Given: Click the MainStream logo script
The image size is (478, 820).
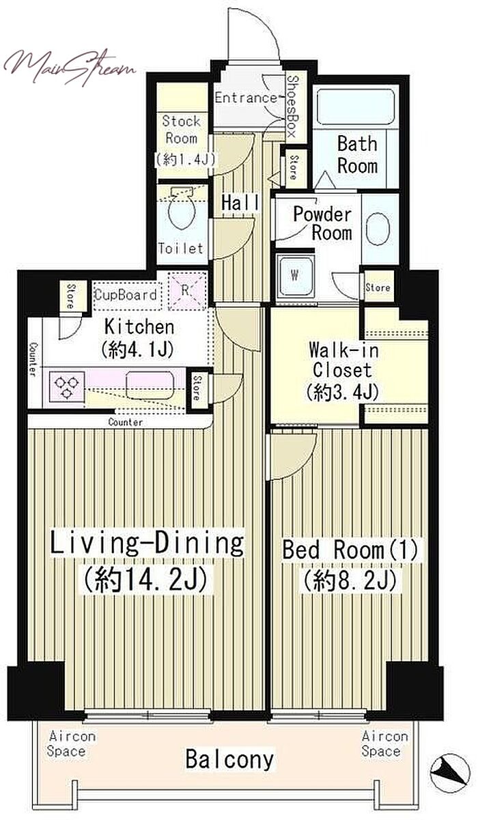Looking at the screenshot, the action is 69,67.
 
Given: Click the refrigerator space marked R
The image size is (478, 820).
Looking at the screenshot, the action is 186,292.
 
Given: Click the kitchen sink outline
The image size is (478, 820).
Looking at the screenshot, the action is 150,385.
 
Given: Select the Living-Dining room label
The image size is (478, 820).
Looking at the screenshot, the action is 146,543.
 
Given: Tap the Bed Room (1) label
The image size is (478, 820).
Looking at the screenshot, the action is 350,550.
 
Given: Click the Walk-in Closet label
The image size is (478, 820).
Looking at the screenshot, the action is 343,360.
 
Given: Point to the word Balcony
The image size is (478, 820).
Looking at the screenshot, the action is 229,760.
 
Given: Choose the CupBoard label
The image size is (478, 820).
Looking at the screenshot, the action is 126,295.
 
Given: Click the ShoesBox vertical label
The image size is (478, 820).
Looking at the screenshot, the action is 293,106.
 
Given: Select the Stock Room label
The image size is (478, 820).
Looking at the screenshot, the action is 182,130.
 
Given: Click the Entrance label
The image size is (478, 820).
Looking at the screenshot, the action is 246,98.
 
